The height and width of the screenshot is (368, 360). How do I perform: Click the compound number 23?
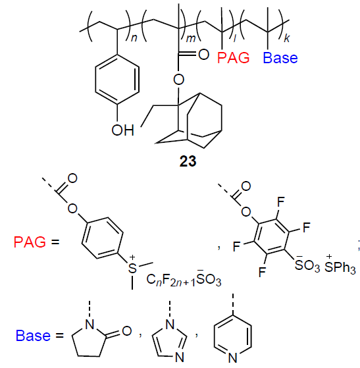click(x=188, y=161)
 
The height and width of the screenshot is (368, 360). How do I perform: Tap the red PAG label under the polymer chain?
click(x=233, y=57)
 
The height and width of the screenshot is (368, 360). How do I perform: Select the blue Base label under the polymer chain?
click(x=280, y=57)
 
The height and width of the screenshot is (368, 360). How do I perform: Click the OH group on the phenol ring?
click(x=122, y=130)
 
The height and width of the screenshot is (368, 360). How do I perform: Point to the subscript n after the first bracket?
click(x=134, y=38)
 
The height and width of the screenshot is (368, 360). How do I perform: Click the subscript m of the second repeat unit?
click(x=191, y=38)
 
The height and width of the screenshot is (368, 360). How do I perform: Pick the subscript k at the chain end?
click(x=287, y=38)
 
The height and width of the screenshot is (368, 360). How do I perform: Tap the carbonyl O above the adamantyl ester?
click(x=203, y=55)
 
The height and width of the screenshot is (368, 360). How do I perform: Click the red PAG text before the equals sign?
click(x=30, y=242)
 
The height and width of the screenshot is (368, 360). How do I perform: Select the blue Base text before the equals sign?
click(x=33, y=336)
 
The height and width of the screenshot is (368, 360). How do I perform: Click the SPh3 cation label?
click(x=340, y=267)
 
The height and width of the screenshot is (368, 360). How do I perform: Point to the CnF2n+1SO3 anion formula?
click(x=184, y=279)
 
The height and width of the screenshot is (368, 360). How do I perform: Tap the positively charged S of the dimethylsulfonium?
click(x=132, y=267)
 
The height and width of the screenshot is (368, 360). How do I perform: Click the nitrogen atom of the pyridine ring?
click(x=232, y=358)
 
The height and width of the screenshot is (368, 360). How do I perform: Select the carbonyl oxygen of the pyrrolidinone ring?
click(x=126, y=331)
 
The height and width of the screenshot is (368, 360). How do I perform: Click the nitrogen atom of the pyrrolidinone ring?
click(x=90, y=325)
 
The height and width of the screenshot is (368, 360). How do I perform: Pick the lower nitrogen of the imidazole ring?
click(x=180, y=357)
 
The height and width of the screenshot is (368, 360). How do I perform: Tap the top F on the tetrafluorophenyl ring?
click(x=281, y=201)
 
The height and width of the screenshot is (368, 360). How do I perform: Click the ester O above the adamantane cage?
click(x=178, y=80)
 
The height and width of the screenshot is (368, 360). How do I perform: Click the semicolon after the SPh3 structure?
click(x=359, y=246)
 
